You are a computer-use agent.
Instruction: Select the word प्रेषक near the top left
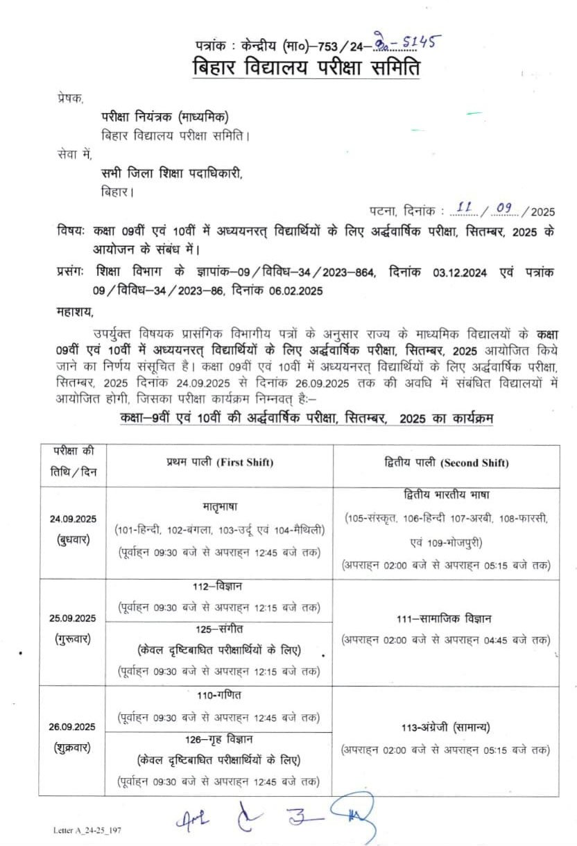point(70,99)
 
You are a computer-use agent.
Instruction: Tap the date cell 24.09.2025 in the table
point(73,519)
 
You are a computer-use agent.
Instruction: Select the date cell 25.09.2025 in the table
point(73,619)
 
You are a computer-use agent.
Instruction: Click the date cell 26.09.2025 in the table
point(73,727)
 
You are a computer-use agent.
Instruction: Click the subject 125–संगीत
point(219,630)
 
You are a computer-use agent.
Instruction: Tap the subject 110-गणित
point(219,696)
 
